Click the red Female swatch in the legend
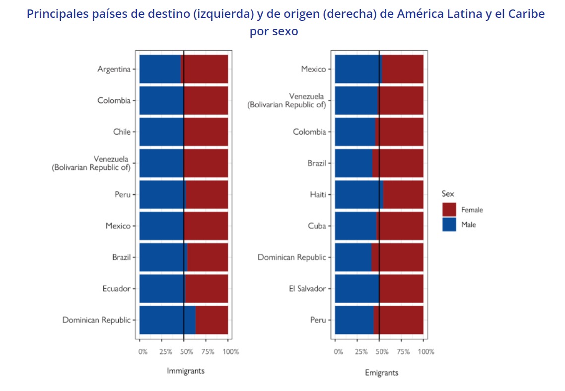449,210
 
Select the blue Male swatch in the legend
449,225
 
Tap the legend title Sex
448,194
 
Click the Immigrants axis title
185,371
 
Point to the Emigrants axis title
381,373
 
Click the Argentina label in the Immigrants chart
114,69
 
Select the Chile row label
122,132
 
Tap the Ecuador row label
116,289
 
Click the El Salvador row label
307,289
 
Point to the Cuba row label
317,226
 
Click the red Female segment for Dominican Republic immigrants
212,320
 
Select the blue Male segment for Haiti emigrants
358,195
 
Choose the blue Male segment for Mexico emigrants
357,69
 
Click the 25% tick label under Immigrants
165,352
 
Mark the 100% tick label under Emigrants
426,352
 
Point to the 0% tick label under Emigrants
338,352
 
